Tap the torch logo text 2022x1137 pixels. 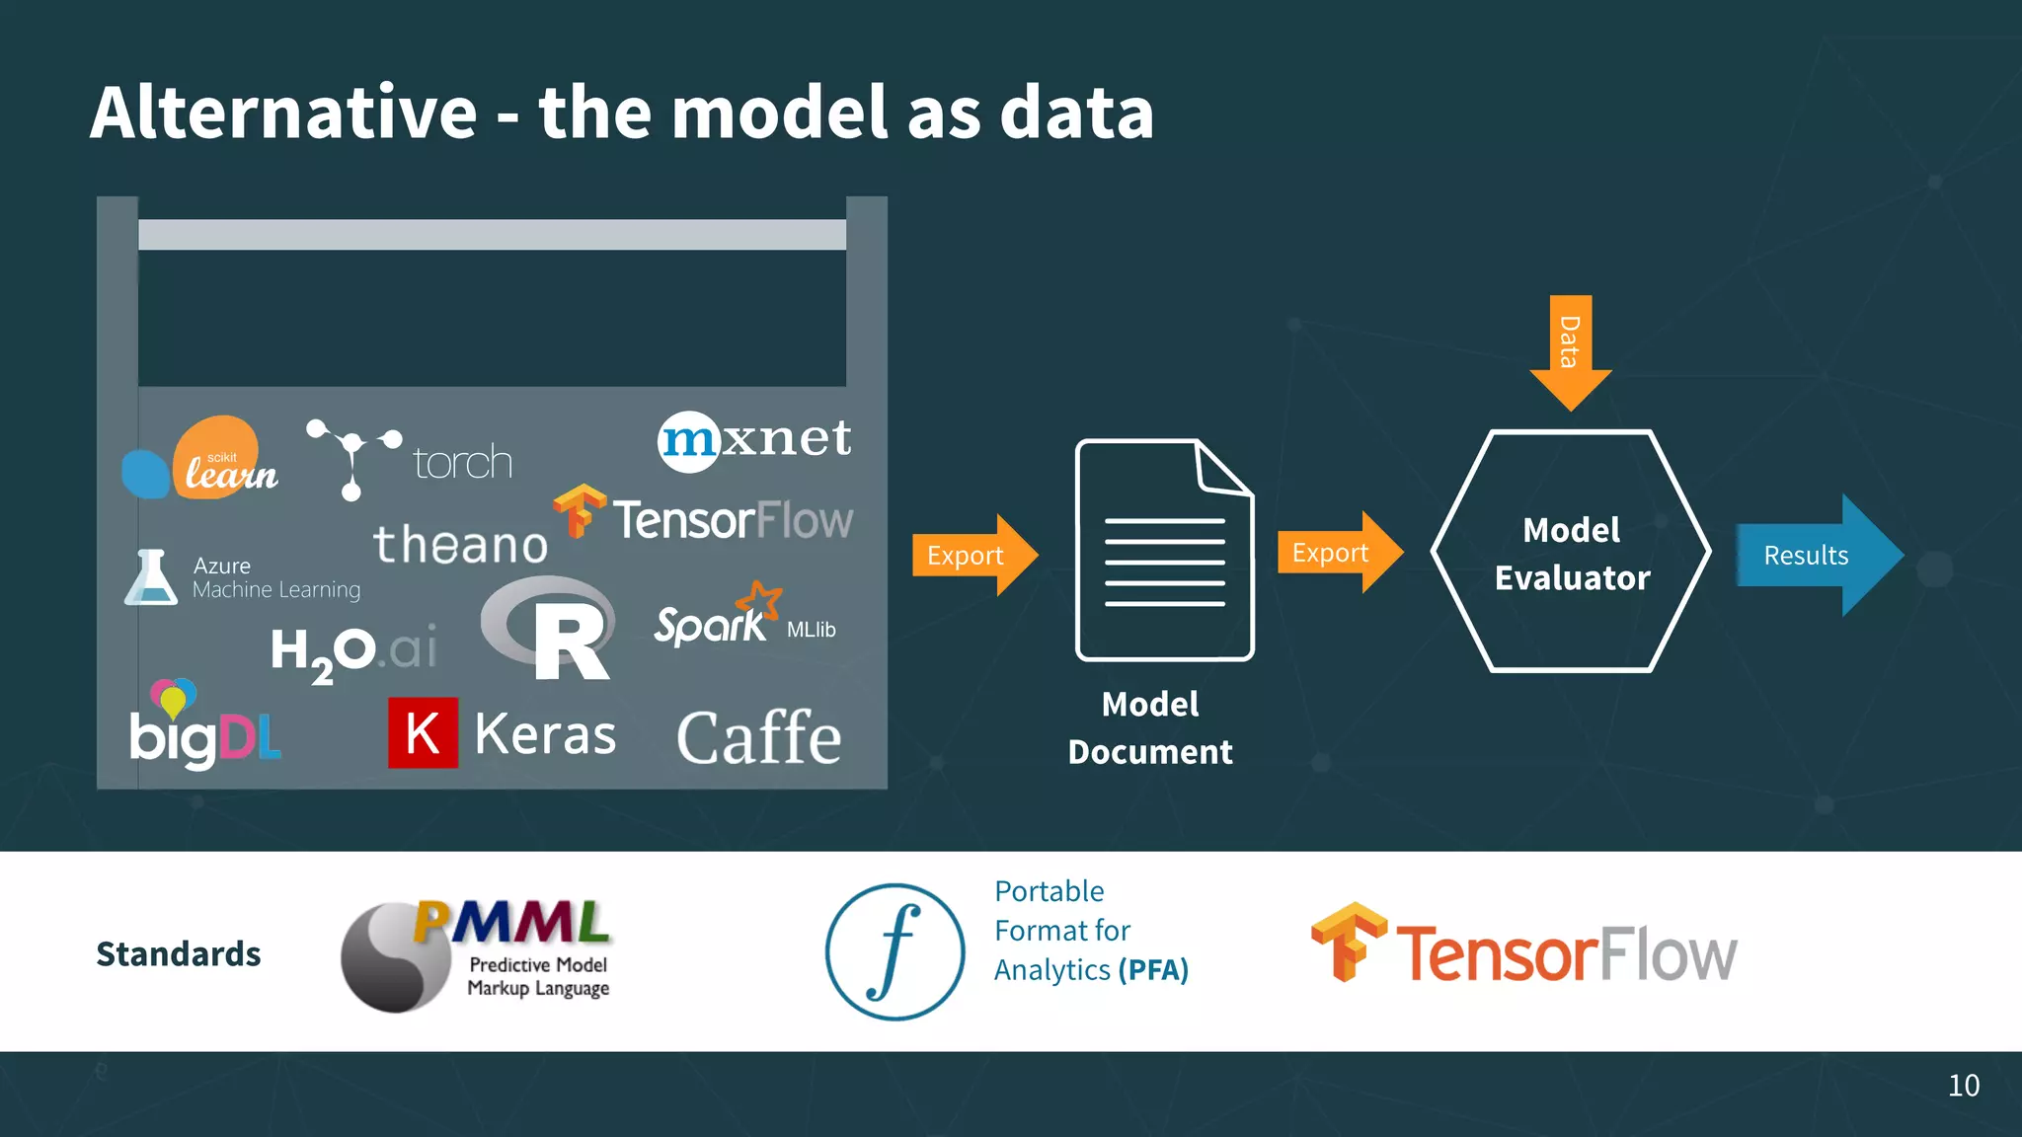pos(462,462)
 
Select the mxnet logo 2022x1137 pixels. pos(754,439)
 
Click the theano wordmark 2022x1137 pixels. pos(460,545)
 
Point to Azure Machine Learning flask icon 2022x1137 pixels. pos(150,577)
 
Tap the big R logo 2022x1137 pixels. pos(553,630)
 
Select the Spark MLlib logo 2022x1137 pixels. pos(742,619)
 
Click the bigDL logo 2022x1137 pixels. pos(203,727)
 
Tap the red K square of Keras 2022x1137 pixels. pos(423,732)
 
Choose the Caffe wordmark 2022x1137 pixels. pos(758,737)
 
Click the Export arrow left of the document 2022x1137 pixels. pos(972,555)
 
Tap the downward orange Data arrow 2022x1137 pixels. pos(1570,350)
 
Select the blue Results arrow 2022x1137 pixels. pos(1817,555)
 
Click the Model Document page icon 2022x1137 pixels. pos(1164,551)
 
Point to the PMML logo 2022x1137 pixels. pos(476,952)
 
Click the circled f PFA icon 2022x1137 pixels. pos(894,951)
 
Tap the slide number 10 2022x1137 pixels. pos(1963,1085)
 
